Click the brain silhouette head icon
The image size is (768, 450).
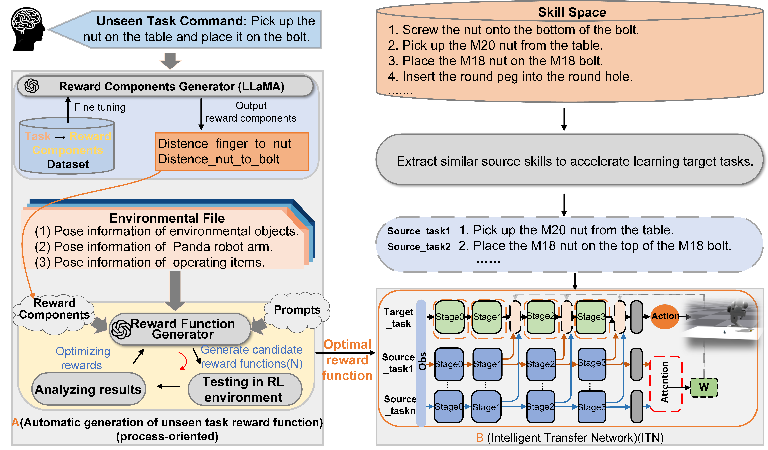click(27, 29)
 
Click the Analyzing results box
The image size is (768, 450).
click(88, 389)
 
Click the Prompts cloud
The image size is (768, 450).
click(297, 311)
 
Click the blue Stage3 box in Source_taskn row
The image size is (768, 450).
click(591, 407)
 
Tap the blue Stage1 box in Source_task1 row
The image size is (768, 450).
click(487, 364)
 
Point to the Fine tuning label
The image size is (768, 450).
click(100, 107)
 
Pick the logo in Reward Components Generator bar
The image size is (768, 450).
click(32, 86)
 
